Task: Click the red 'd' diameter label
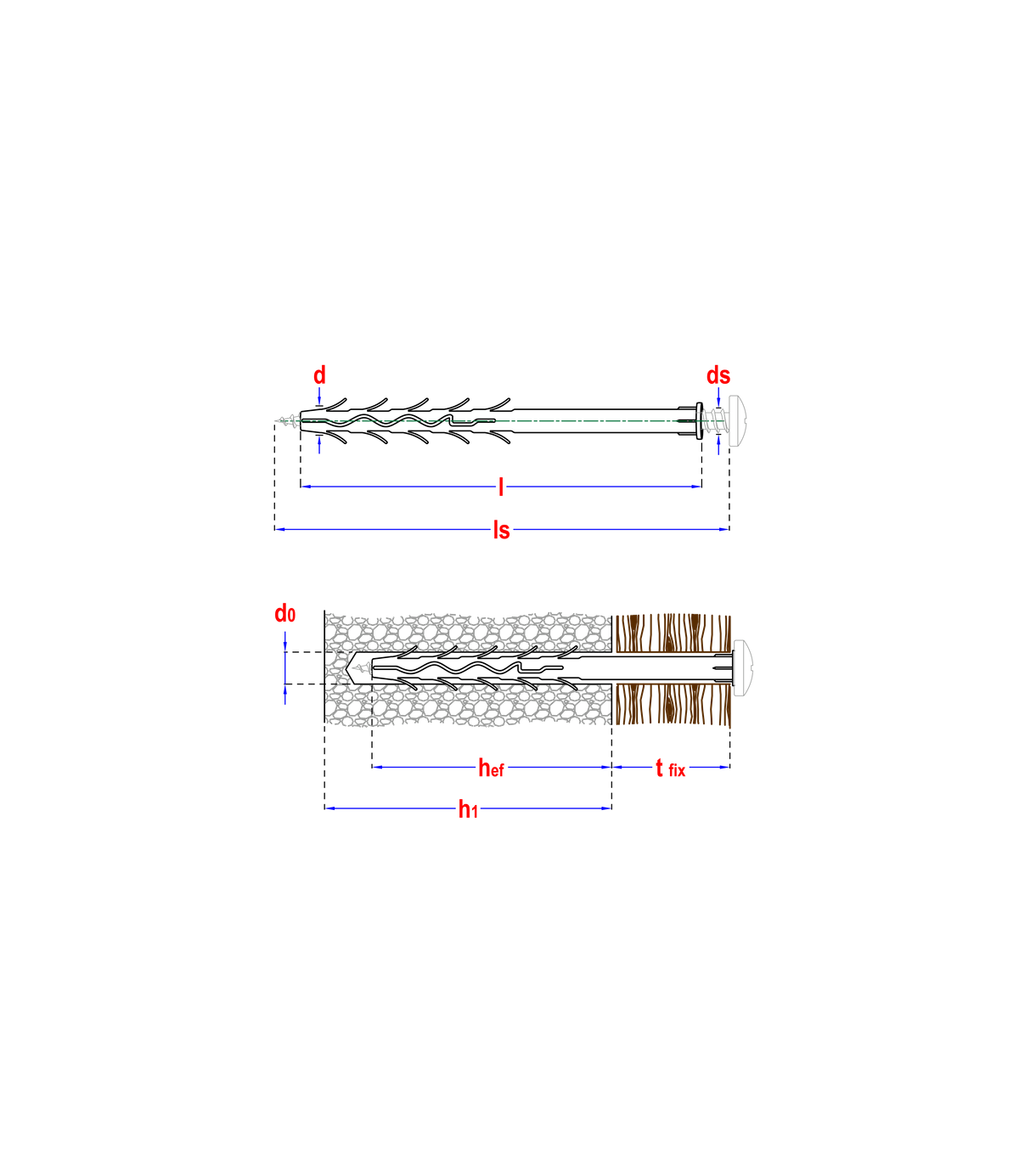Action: click(x=320, y=375)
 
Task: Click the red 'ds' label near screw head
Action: click(x=718, y=375)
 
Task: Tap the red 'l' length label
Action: click(x=501, y=487)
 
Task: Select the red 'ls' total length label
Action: click(x=502, y=531)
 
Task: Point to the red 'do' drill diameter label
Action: click(x=284, y=614)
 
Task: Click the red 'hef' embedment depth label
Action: click(x=490, y=768)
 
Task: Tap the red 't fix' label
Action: click(x=669, y=769)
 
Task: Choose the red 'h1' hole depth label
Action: click(x=467, y=809)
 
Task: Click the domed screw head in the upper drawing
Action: click(x=738, y=419)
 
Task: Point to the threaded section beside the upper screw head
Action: click(x=714, y=420)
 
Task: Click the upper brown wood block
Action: click(x=673, y=633)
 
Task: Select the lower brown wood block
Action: click(x=673, y=705)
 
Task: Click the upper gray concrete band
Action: click(x=467, y=633)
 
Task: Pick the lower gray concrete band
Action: click(x=467, y=706)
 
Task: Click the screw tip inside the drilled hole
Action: click(x=362, y=668)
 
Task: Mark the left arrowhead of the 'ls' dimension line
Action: click(x=279, y=530)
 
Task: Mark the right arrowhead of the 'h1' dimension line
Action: click(x=606, y=808)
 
